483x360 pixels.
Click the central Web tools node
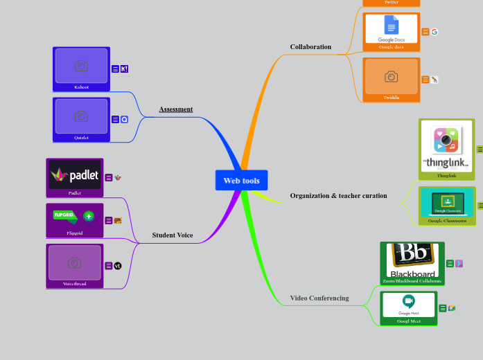[x=241, y=181]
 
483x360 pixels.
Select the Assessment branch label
[x=176, y=109]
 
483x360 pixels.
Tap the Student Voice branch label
[x=173, y=235]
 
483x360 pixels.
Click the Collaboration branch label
[x=310, y=47]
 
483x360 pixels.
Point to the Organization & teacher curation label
[x=338, y=196]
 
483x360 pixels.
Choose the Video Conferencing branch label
[x=319, y=298]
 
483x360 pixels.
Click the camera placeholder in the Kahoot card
[x=81, y=66]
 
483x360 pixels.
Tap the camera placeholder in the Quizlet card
[x=81, y=116]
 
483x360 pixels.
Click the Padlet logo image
[x=75, y=174]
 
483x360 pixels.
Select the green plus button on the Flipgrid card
[x=89, y=216]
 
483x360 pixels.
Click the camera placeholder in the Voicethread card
[x=74, y=263]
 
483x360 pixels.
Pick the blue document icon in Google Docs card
[x=392, y=26]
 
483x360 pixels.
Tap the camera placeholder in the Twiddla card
[x=392, y=76]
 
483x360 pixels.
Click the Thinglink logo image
[x=447, y=146]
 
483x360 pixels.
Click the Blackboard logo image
[x=412, y=259]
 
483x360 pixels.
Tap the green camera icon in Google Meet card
[x=409, y=301]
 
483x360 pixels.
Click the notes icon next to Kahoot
[x=115, y=69]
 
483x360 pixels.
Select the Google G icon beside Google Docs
[x=434, y=32]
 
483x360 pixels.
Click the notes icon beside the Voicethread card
[x=108, y=266]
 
